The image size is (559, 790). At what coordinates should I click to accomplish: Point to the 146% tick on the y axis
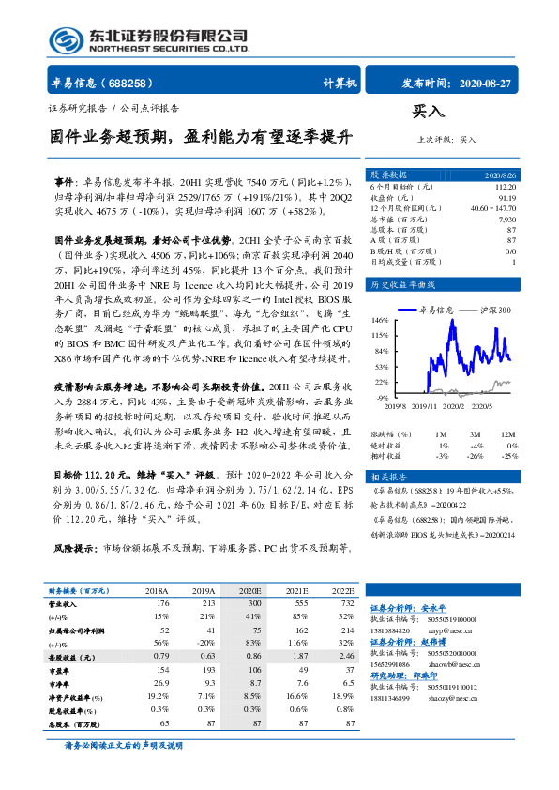[379, 320]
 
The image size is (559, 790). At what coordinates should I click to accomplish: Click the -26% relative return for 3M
[478, 455]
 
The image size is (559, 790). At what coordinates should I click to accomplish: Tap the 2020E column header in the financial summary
[250, 592]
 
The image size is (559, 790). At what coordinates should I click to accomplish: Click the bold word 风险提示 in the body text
[76, 548]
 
